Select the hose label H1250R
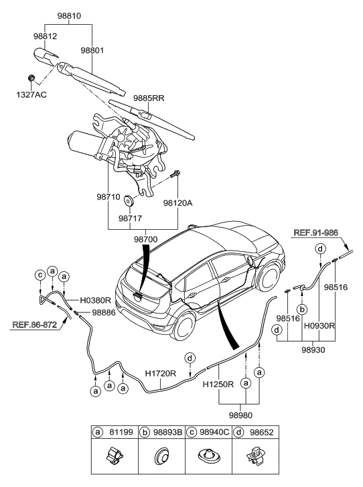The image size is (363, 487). click(x=219, y=385)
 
